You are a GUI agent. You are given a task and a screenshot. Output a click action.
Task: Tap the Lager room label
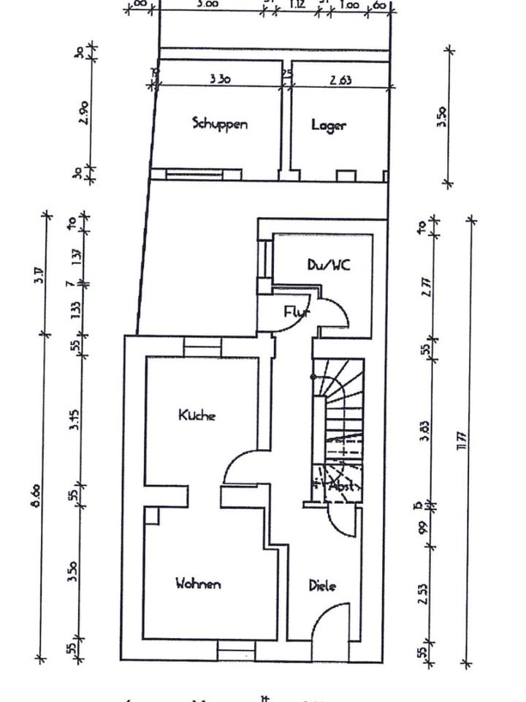pos(328,124)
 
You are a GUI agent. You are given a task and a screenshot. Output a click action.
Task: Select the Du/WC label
pos(328,265)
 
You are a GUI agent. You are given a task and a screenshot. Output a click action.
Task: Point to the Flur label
pos(297,312)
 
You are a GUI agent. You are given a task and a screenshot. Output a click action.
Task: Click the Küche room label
pos(197,415)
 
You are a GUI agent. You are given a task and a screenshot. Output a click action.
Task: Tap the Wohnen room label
pos(198,584)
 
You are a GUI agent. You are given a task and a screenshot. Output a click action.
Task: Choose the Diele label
pos(322,585)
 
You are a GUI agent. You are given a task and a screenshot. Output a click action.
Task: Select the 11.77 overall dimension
pos(461,442)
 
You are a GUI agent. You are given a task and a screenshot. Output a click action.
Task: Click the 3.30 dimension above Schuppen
pos(220,79)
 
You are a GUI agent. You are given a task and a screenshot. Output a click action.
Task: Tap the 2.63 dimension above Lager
pos(340,80)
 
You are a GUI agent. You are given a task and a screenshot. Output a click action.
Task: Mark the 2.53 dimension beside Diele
pos(424,593)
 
